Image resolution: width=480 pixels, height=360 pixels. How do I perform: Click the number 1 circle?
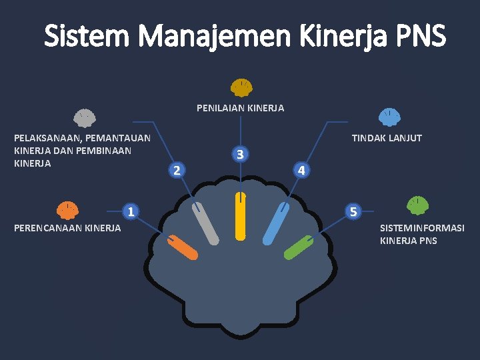[x=132, y=212]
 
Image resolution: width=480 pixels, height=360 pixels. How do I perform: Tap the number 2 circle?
[x=176, y=170]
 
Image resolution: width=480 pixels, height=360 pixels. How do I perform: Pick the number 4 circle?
[x=302, y=170]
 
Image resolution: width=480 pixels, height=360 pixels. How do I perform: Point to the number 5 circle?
[x=354, y=212]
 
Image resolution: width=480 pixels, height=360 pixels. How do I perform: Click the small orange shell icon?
[x=67, y=210]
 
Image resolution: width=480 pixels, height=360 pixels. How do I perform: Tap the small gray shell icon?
[x=84, y=118]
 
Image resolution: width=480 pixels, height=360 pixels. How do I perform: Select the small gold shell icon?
[x=241, y=87]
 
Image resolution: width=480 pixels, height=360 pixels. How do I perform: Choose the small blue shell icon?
[x=389, y=118]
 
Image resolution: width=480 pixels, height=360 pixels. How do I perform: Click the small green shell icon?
[x=417, y=205]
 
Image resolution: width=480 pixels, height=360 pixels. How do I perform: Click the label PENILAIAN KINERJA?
[x=240, y=108]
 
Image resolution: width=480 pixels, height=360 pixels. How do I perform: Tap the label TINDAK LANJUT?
[x=387, y=138]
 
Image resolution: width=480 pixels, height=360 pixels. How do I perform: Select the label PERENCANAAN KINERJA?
[x=67, y=228]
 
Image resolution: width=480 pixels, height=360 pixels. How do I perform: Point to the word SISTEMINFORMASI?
[x=422, y=228]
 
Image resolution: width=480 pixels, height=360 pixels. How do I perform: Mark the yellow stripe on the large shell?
[x=241, y=215]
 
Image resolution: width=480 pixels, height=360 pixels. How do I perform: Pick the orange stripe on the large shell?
[x=182, y=247]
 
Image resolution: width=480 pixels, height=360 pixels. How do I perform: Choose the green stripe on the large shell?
[x=299, y=247]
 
